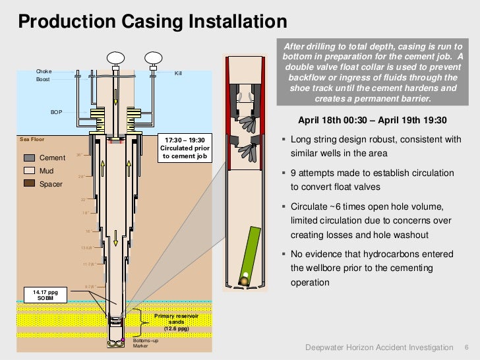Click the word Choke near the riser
click(x=44, y=71)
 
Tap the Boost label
click(x=42, y=79)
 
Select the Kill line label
click(x=177, y=73)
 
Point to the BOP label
click(x=57, y=112)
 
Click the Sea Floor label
click(x=32, y=140)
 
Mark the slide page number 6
click(x=467, y=347)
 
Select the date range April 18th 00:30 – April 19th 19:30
click(x=373, y=121)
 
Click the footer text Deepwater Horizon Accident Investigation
click(x=380, y=347)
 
